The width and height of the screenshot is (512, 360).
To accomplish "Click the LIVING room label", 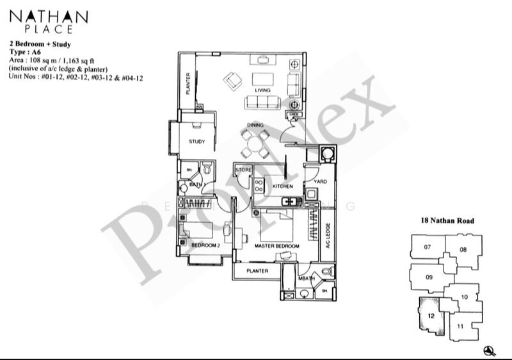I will point(262,90).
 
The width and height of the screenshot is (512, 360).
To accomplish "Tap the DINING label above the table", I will point(255,125).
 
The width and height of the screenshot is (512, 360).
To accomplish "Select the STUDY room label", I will point(196,142).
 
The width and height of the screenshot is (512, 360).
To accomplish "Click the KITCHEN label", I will point(282,186).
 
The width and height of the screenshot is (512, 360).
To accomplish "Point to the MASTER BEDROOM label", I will point(276,246).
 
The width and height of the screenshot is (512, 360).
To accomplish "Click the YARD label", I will point(321,181).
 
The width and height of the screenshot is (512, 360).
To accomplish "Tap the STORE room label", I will point(243,170).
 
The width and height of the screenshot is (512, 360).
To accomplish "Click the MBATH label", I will point(306,278).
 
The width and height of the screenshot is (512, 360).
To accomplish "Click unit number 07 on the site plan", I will point(428,247).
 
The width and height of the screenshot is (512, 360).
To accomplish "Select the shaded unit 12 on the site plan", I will point(431,316).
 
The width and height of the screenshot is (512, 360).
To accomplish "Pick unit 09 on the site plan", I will point(429,277).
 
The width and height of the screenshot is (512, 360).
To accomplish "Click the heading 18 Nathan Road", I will point(447,220).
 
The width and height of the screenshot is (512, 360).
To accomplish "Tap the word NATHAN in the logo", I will point(49,16).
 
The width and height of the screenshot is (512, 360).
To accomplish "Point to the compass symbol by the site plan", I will point(490,349).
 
